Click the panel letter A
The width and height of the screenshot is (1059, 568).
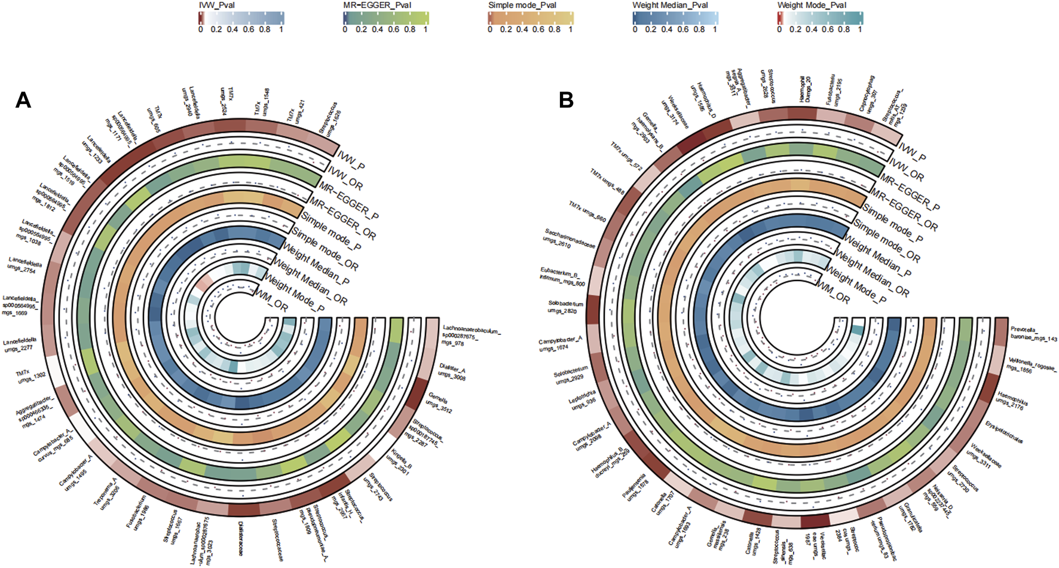pyautogui.click(x=23, y=100)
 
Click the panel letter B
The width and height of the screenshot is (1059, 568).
pyautogui.click(x=565, y=100)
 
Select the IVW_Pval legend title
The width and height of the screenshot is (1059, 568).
pyautogui.click(x=216, y=5)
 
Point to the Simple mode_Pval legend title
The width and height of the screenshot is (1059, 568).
pyautogui.click(x=522, y=5)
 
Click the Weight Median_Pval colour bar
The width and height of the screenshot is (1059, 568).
pyautogui.click(x=675, y=18)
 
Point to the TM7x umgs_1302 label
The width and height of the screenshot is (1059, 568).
pyautogui.click(x=30, y=377)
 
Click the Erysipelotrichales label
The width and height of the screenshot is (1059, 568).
pyautogui.click(x=1004, y=432)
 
